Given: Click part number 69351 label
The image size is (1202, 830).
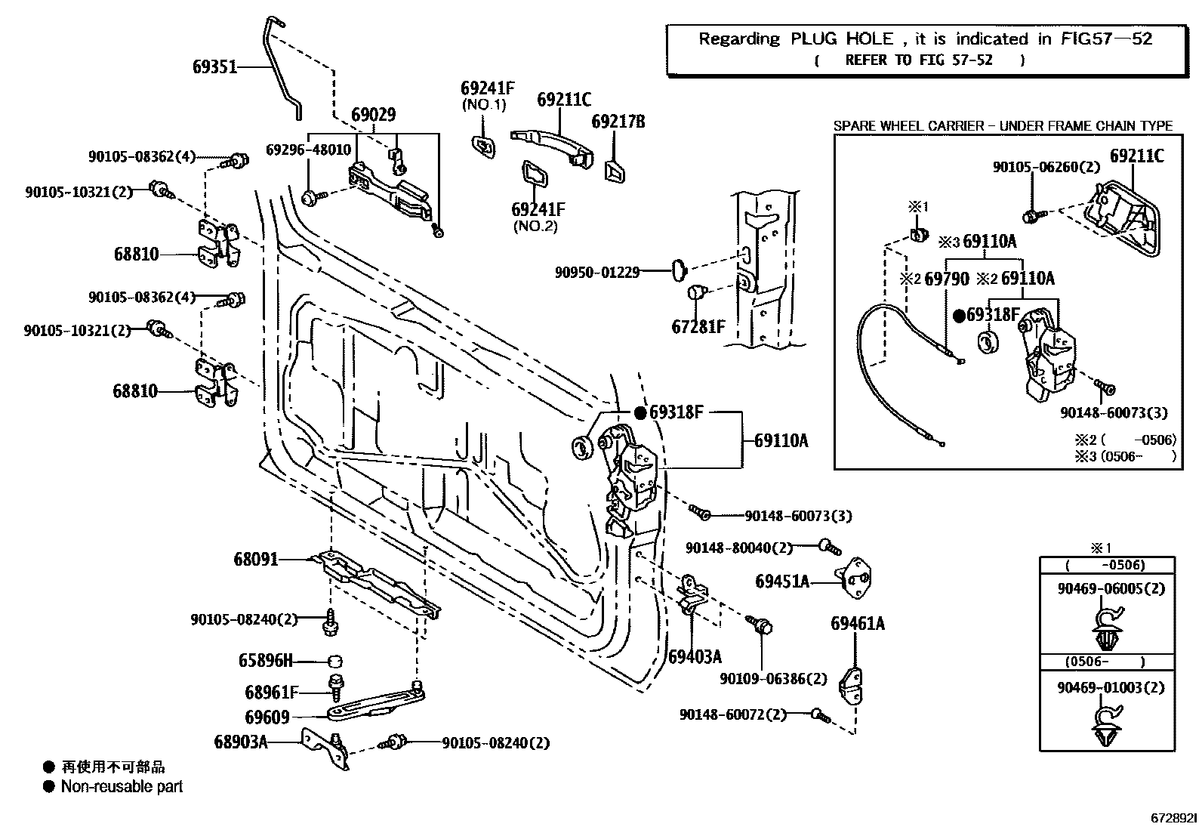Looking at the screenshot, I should [x=214, y=67].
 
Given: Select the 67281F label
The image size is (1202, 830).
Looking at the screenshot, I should [x=698, y=327].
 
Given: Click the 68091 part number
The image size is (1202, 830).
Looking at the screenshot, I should [x=256, y=560].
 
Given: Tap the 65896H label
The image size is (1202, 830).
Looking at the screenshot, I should [x=265, y=661].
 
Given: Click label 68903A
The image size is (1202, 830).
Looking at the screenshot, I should [x=241, y=742].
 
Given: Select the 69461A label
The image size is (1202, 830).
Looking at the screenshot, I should [x=858, y=624].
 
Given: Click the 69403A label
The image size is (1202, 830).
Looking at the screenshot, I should [x=695, y=656].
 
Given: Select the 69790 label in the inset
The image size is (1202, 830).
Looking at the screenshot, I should [x=947, y=279].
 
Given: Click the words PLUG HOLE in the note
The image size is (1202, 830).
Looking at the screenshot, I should [x=842, y=39].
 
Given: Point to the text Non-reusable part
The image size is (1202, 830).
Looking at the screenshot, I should [x=122, y=787].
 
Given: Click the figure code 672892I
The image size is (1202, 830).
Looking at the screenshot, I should [x=1174, y=818].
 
